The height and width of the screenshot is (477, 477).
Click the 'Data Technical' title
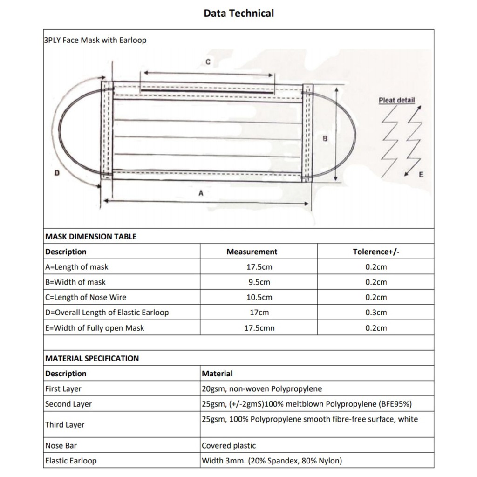tap(238, 13)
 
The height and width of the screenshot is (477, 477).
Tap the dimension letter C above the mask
tap(208, 62)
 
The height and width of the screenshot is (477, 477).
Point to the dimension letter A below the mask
tap(201, 193)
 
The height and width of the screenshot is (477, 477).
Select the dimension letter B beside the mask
tap(325, 139)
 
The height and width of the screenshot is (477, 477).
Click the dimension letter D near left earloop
tap(57, 173)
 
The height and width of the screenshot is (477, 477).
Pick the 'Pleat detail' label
tap(396, 100)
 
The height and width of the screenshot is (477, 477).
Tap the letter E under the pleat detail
tap(421, 175)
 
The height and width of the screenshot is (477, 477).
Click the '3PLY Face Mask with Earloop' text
tap(95, 40)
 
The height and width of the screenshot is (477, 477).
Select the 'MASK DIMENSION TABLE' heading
tap(91, 236)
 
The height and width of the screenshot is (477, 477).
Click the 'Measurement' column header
tap(252, 252)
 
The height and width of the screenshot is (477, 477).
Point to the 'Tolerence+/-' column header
tap(376, 252)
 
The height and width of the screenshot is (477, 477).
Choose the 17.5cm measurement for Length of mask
tap(259, 267)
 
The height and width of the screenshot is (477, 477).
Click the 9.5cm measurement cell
tap(259, 282)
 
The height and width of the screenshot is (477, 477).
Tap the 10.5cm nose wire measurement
tap(259, 297)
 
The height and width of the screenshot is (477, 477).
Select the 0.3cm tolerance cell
tap(376, 313)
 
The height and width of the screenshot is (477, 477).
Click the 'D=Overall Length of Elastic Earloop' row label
tap(107, 313)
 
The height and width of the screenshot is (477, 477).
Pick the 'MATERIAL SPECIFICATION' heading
tap(92, 358)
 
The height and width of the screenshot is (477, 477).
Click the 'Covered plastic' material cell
tap(229, 446)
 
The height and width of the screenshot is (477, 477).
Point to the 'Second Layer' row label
tap(68, 404)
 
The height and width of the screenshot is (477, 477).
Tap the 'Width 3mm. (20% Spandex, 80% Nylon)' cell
tap(272, 461)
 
